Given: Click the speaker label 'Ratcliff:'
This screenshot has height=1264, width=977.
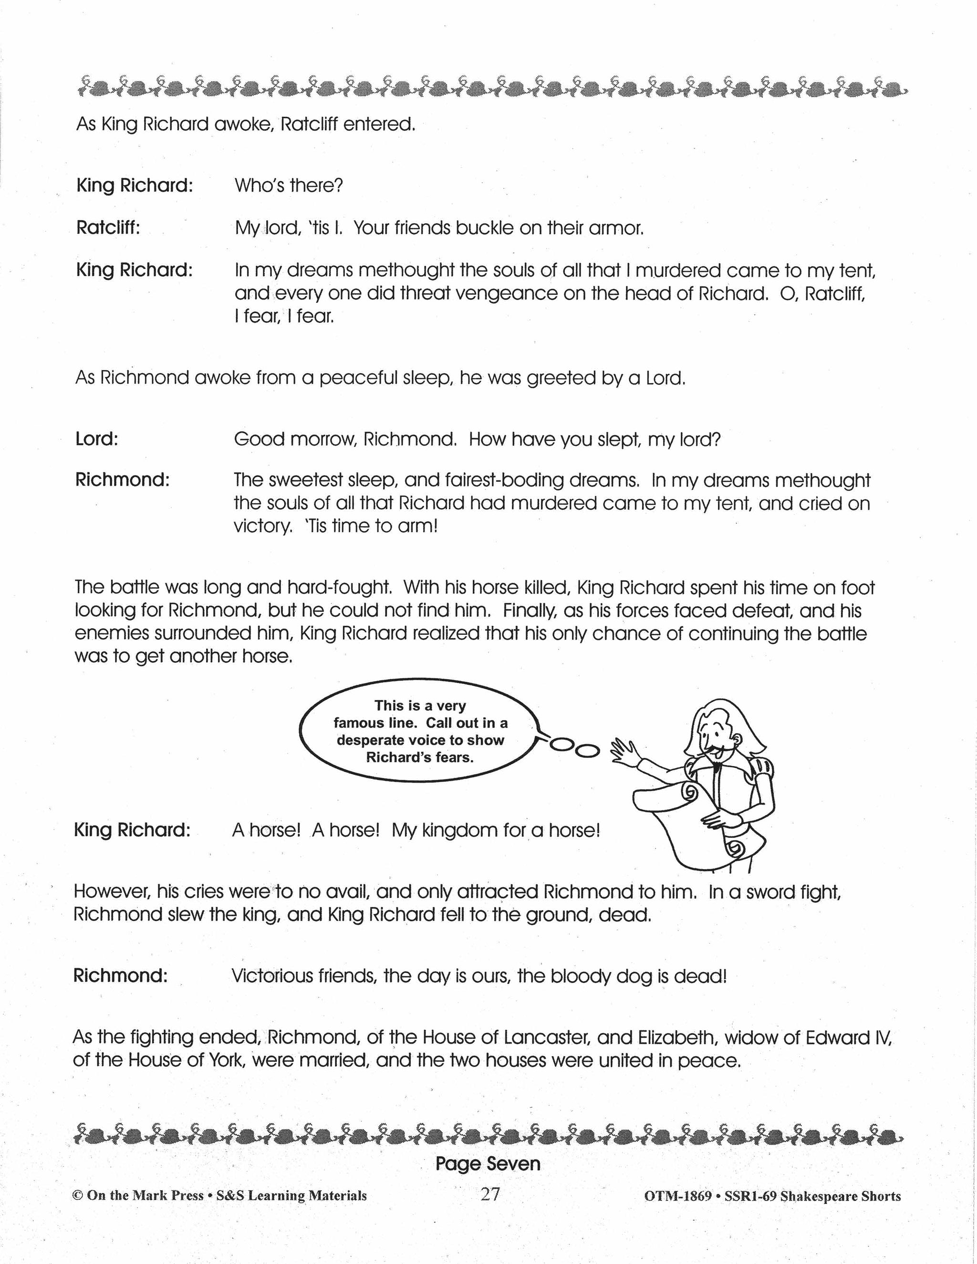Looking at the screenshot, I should click(x=108, y=228).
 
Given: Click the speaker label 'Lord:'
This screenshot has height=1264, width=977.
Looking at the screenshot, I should click(x=97, y=439).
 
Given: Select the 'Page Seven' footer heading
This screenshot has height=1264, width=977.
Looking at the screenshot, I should click(x=488, y=1164).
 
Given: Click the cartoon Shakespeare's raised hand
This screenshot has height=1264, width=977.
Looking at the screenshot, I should click(x=625, y=751).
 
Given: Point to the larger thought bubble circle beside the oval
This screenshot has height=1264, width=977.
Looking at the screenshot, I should click(x=587, y=750).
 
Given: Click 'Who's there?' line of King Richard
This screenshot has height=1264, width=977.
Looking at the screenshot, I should click(x=289, y=186).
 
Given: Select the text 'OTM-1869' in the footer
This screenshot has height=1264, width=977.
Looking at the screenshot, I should click(x=677, y=1196).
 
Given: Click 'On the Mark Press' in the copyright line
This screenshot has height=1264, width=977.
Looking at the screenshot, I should click(x=145, y=1196).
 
